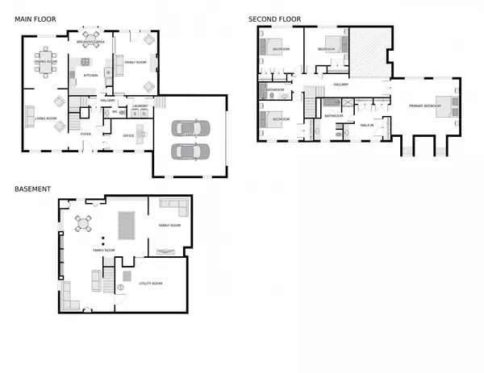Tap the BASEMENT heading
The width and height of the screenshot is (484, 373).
pyautogui.click(x=33, y=189)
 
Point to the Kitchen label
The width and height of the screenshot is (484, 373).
pyautogui.click(x=90, y=75)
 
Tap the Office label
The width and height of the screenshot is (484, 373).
pyautogui.click(x=128, y=135)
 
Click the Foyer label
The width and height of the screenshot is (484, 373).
pyautogui.click(x=86, y=134)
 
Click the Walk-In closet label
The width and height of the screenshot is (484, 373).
pyautogui.click(x=365, y=125)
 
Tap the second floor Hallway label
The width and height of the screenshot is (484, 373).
pyautogui.click(x=341, y=84)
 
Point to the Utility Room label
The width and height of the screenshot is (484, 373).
pyautogui.click(x=151, y=284)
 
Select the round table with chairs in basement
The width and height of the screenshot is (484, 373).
pyautogui.click(x=84, y=223)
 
